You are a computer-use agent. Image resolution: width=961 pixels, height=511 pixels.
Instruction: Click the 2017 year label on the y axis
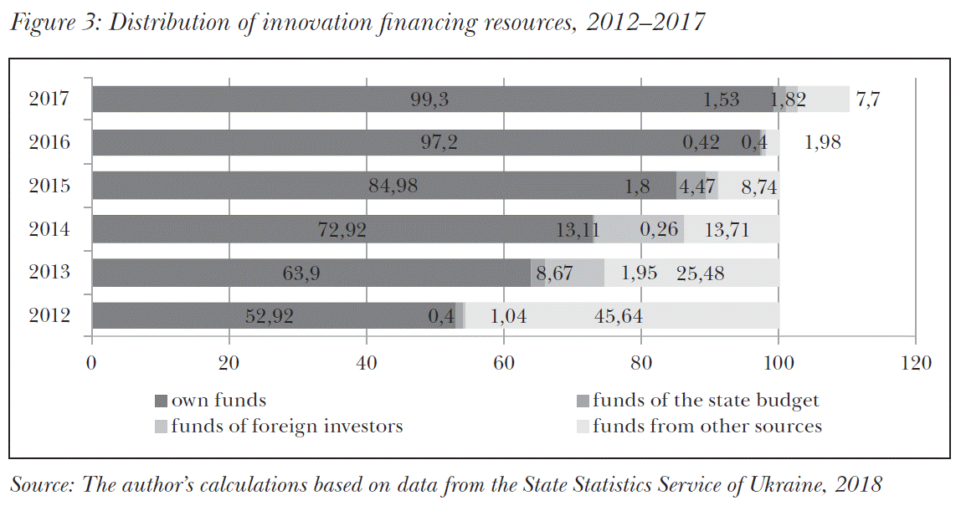48,99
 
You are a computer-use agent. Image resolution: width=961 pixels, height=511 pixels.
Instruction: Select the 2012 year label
48,316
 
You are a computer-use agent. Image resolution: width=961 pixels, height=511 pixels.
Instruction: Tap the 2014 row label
48,229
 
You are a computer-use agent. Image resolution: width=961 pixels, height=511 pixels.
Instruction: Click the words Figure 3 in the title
54,23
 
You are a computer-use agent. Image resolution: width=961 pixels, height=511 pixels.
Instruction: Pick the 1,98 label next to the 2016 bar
823,143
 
